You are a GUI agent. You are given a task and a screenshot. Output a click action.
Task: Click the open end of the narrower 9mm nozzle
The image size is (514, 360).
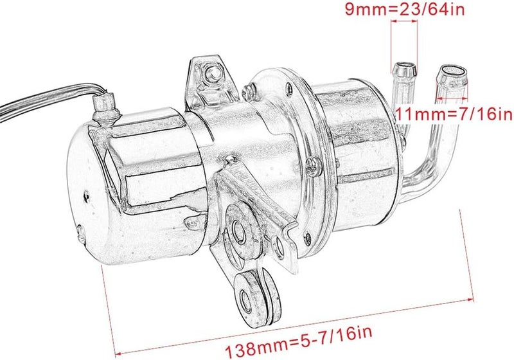(405, 66)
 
